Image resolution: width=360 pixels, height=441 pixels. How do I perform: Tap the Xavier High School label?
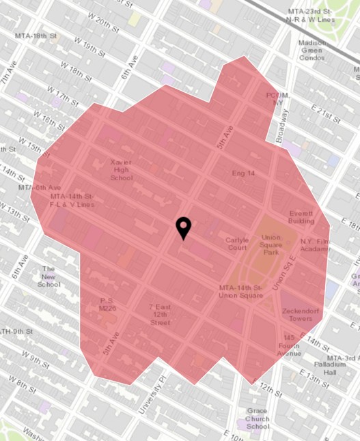click(x=122, y=170)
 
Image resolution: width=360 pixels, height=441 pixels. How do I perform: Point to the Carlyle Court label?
click(x=236, y=244)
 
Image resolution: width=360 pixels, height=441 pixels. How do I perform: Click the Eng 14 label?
click(x=243, y=173)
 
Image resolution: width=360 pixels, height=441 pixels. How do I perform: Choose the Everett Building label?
click(x=301, y=217)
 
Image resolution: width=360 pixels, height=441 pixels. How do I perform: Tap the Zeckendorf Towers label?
click(x=301, y=315)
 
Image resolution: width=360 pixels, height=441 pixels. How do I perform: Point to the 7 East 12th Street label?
click(x=160, y=315)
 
